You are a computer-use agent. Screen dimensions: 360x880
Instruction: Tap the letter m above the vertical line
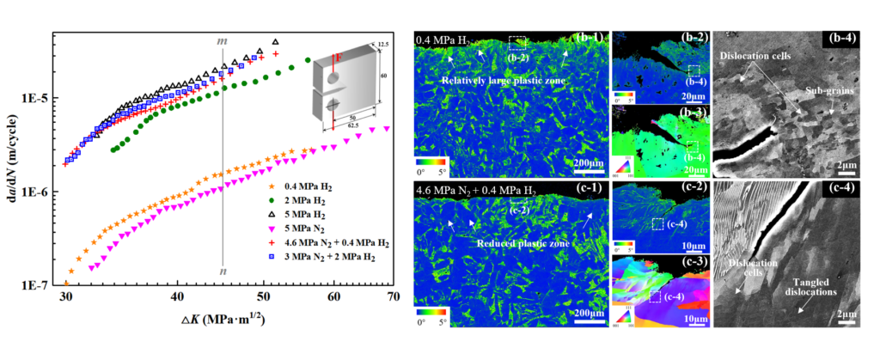pos(222,40)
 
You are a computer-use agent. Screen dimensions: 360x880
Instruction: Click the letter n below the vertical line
pos(223,272)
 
